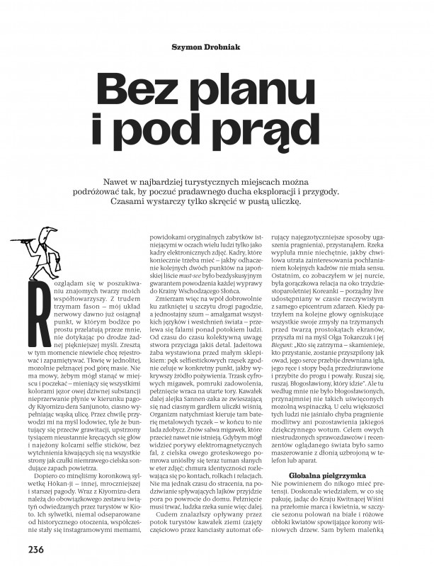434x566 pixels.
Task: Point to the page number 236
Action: click(36, 549)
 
